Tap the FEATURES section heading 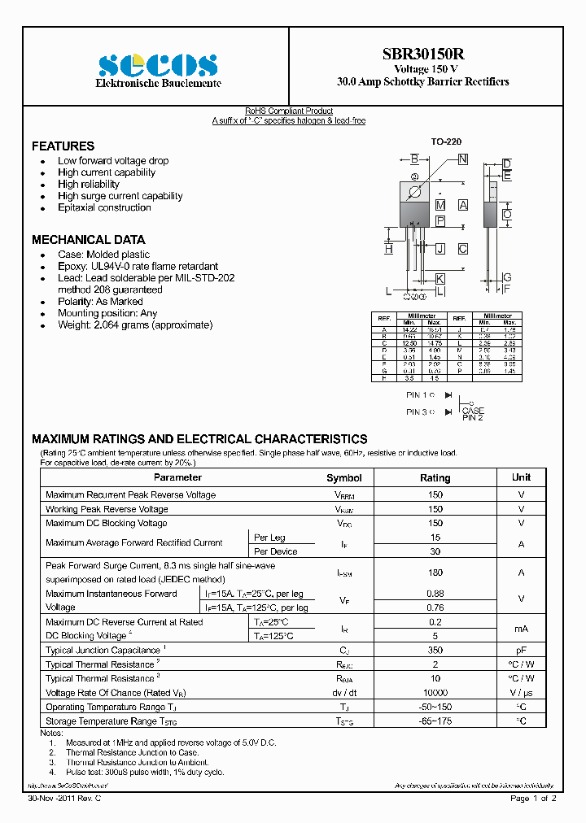pos(63,146)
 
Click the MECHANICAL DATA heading pos(88,240)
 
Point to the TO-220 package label pos(446,142)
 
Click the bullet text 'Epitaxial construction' pos(104,207)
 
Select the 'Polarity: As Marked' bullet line pos(99,302)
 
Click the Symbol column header pos(343,478)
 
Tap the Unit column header pos(521,477)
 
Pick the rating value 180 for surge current pos(435,573)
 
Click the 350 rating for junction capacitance pos(435,651)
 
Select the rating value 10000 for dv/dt pos(435,693)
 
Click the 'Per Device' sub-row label pos(275,551)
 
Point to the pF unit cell pos(521,651)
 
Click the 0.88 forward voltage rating pos(435,594)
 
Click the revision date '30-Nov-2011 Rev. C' pos(64,799)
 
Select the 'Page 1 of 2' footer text pos(533,799)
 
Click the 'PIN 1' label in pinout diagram pos(418,394)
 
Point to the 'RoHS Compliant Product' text pos(289,111)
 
